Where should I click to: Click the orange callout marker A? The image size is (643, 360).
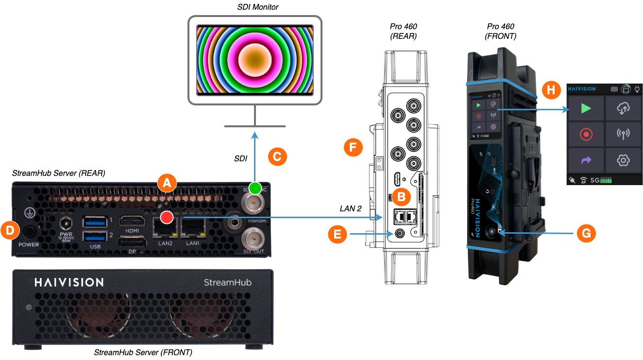click(167, 183)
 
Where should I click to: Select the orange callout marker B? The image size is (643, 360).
click(402, 197)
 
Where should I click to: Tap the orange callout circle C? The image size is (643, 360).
click(277, 157)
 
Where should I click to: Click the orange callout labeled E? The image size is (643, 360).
click(338, 234)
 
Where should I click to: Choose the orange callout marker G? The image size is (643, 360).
click(586, 233)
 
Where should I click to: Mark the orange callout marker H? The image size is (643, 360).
click(551, 89)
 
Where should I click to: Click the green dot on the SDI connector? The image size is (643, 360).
click(255, 188)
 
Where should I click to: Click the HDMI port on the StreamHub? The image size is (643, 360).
click(133, 222)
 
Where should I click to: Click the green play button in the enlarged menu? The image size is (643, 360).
click(586, 108)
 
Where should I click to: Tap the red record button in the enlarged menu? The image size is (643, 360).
click(586, 134)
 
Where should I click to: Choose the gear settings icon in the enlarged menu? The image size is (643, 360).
click(623, 160)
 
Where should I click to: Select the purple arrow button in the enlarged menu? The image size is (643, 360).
click(586, 160)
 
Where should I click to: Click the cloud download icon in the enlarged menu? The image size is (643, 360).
click(623, 108)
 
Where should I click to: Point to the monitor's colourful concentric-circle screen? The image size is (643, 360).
click(255, 60)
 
